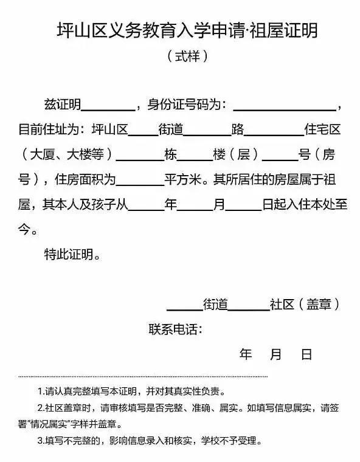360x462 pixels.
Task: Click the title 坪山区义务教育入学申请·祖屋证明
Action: (x=187, y=30)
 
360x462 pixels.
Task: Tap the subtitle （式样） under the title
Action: (x=188, y=57)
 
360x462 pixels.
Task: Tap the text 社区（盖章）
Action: (x=304, y=305)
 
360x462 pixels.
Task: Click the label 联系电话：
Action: (x=175, y=329)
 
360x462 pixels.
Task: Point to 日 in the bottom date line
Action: (x=306, y=354)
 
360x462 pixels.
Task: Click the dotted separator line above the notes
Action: (x=143, y=376)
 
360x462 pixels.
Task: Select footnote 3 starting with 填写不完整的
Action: (x=149, y=440)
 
